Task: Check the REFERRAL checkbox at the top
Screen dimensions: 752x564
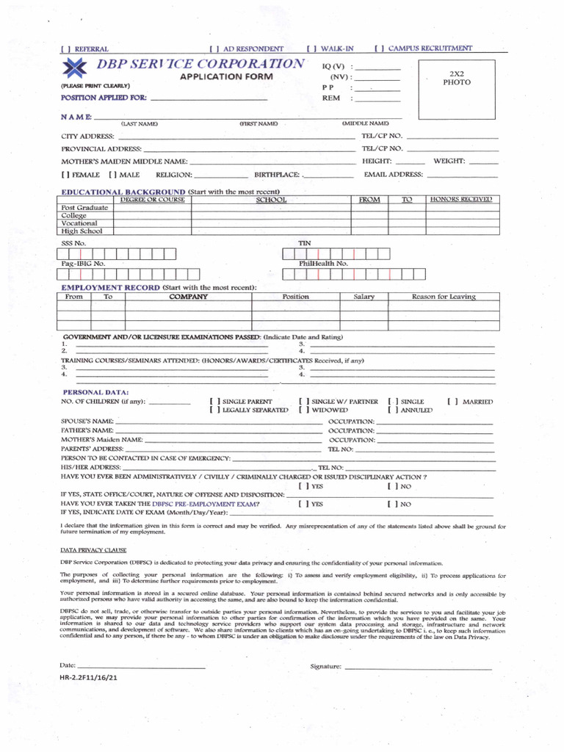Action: (65, 49)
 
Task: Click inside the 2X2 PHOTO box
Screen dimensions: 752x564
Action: (456, 89)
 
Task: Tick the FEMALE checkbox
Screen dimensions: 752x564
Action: (65, 175)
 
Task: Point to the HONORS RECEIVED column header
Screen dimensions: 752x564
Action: (460, 200)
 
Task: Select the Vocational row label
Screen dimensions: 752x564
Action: (76, 223)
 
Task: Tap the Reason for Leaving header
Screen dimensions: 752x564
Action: (443, 297)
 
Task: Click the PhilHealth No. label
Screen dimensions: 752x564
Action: (323, 263)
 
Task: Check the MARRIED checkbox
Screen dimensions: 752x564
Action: (451, 402)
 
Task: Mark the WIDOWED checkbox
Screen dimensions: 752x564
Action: (304, 410)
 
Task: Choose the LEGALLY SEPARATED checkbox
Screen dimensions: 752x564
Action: (214, 410)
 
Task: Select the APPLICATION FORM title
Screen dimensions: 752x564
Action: (226, 77)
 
